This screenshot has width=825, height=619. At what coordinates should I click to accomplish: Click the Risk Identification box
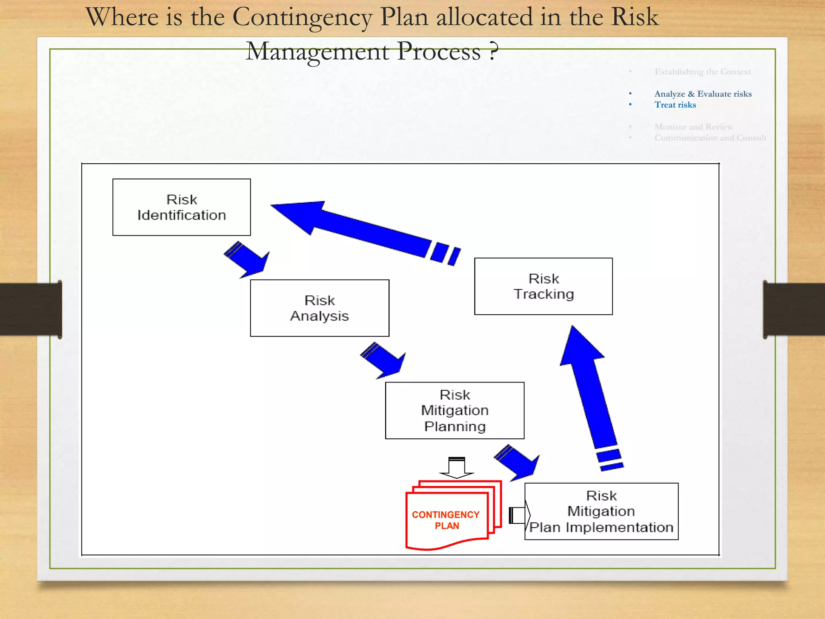181,207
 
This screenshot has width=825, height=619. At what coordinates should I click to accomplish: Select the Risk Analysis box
319,308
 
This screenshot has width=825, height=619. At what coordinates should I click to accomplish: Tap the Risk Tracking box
543,286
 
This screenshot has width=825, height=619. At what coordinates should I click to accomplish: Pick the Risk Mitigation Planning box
454,410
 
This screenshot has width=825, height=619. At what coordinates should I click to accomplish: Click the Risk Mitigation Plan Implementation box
601,511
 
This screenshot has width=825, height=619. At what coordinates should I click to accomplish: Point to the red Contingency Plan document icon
447,518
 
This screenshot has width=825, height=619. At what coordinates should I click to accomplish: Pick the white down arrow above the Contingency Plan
456,467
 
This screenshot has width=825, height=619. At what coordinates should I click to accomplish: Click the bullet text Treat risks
675,105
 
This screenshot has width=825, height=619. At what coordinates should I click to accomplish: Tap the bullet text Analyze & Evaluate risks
703,94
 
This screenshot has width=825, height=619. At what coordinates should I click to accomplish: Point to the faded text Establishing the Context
703,72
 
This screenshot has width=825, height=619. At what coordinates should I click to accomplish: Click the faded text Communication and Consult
710,138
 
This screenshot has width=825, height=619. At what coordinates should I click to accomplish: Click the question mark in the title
493,52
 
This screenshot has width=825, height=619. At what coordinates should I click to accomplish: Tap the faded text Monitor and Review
694,127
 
